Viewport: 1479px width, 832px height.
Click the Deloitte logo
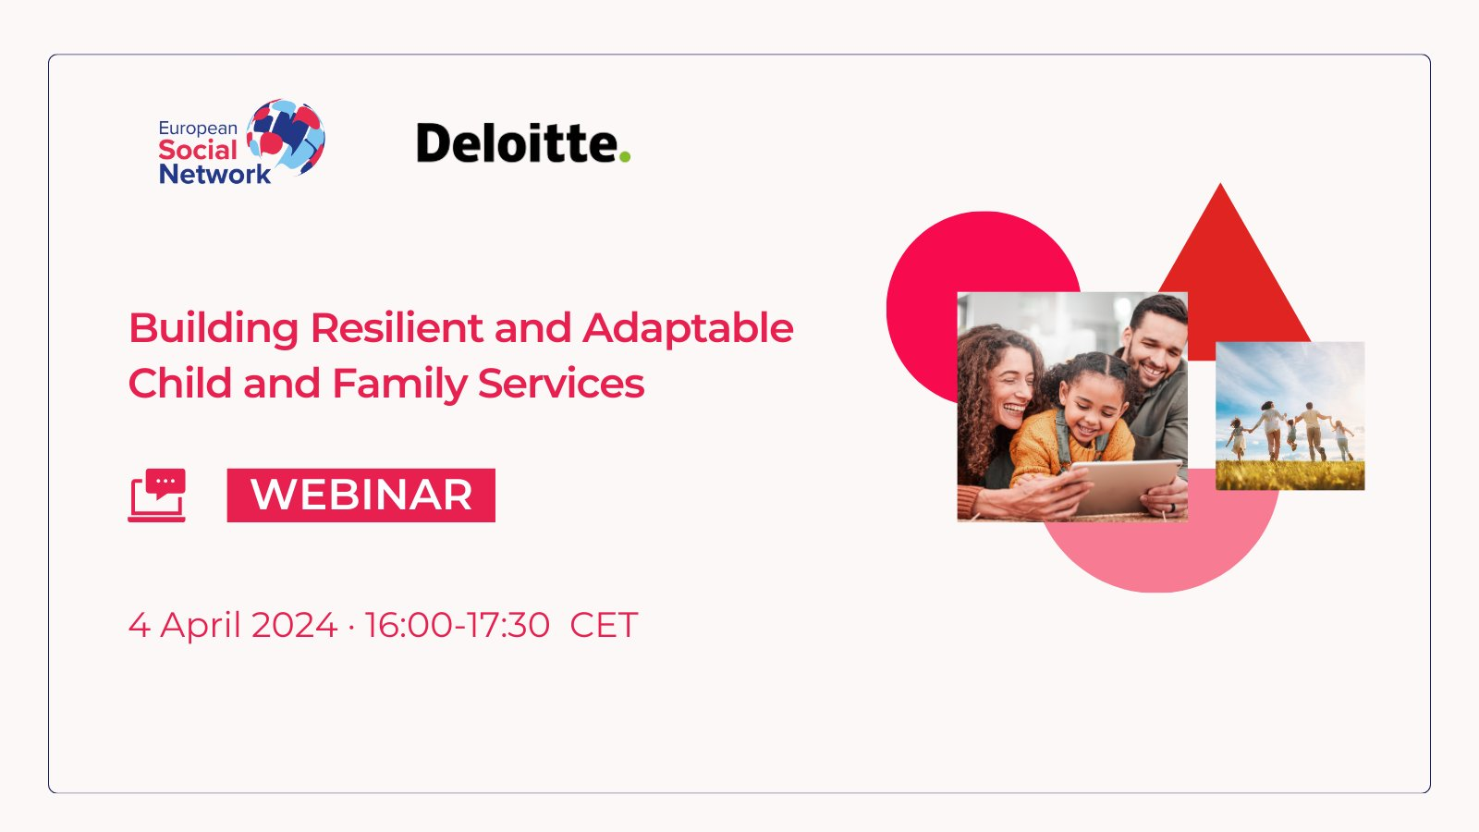coord(523,142)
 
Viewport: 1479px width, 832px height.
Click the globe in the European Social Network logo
coord(286,137)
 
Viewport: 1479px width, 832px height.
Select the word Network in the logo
coord(214,175)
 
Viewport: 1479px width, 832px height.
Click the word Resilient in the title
coord(397,327)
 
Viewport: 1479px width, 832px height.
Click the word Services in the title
coord(560,384)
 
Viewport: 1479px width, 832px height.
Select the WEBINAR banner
coord(361,496)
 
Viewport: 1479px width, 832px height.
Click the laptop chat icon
coord(157,496)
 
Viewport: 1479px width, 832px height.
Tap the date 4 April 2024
coord(232,625)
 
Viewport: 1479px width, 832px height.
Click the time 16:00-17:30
coord(457,625)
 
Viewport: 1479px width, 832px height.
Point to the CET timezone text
coord(604,625)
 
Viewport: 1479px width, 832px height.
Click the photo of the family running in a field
coord(1290,416)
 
